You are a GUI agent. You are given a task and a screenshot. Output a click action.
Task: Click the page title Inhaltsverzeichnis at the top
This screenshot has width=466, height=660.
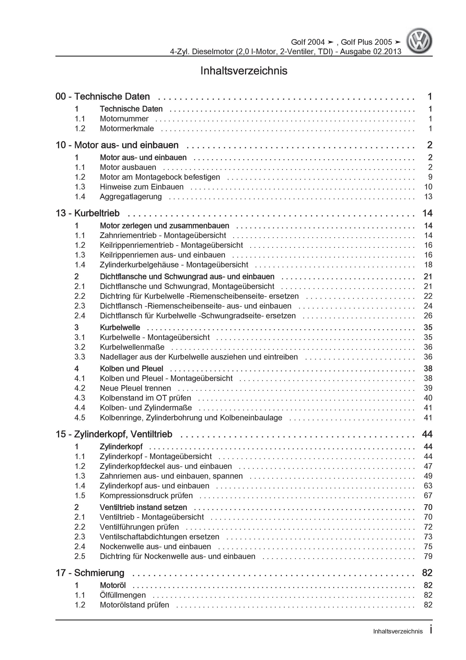[x=244, y=71]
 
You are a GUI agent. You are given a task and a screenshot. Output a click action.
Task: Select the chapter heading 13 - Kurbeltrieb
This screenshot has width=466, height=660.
[x=87, y=213]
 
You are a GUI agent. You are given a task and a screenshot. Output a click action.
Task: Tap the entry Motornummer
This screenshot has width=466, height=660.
[x=124, y=119]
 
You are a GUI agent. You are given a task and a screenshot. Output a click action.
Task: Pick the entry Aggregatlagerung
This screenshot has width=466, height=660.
[x=131, y=197]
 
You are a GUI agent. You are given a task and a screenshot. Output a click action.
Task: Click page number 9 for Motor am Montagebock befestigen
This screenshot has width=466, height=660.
[x=430, y=177]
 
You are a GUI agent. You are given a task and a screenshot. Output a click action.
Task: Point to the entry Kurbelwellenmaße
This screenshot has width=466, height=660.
[x=132, y=347]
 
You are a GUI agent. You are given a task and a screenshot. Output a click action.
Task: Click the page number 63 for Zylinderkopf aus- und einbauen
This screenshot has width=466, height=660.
[x=428, y=485]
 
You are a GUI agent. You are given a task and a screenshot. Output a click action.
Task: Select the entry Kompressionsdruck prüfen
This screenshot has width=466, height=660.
[x=146, y=495]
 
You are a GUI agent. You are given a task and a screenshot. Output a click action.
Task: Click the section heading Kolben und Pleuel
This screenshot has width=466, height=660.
[x=131, y=369]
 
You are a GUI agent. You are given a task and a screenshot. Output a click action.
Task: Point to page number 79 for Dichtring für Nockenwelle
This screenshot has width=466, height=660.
[x=428, y=556]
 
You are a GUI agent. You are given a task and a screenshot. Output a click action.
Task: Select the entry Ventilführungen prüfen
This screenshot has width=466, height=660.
[x=139, y=527]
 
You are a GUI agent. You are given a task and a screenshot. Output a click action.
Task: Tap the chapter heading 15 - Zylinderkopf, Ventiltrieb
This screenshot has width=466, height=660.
[x=114, y=434]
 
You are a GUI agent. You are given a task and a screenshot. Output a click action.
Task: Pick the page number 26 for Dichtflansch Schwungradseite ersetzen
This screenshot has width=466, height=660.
[x=428, y=316]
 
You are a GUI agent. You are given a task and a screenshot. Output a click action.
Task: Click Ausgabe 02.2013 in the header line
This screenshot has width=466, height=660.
[x=371, y=52]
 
